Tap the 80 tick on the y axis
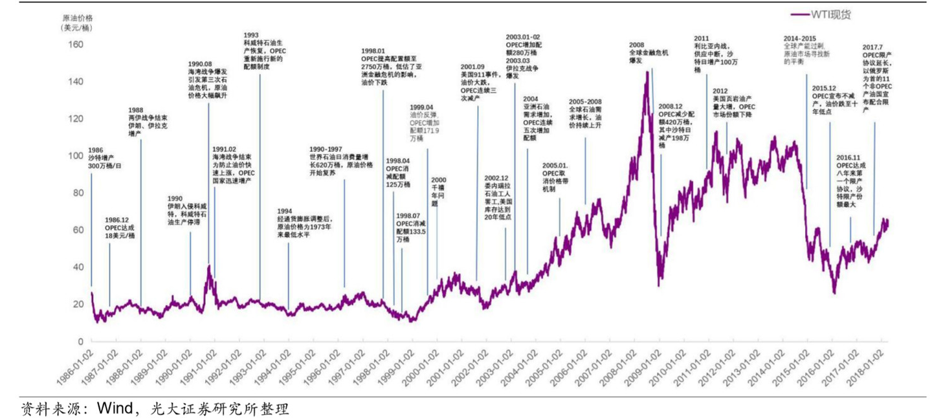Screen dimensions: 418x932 78,193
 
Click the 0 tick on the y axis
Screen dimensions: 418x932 81,341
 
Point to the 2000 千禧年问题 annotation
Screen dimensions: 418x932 438,191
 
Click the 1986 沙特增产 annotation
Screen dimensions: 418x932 105,157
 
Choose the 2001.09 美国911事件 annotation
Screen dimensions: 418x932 478,82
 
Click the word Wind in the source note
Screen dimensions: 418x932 115,408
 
